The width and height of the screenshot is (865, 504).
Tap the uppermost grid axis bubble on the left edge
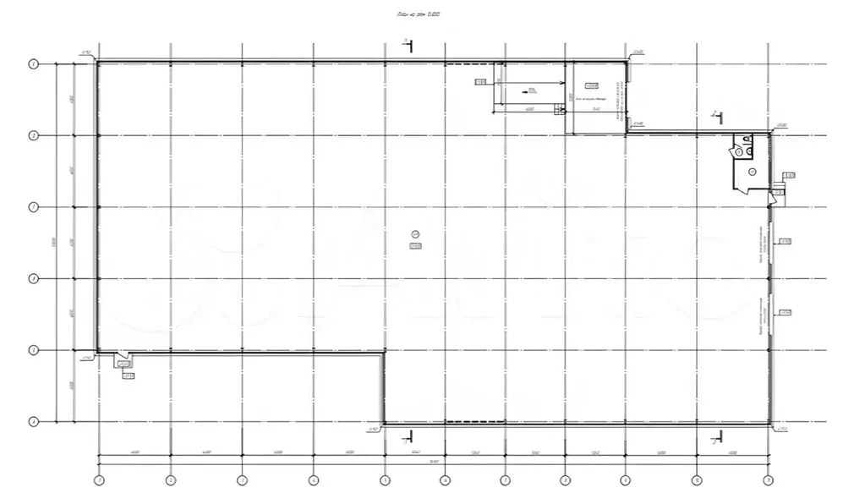point(34,63)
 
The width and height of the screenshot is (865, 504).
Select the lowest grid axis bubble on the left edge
point(34,421)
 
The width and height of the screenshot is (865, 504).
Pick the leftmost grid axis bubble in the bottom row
point(99,480)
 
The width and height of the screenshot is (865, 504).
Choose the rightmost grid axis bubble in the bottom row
point(768,480)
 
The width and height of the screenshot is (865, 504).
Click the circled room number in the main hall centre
point(414,234)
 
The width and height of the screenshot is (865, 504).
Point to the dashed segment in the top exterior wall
point(468,63)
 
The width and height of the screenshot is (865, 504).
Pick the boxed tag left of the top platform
point(480,82)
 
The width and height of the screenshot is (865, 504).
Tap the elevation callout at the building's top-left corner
point(86,54)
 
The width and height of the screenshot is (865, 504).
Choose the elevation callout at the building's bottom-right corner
point(782,429)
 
